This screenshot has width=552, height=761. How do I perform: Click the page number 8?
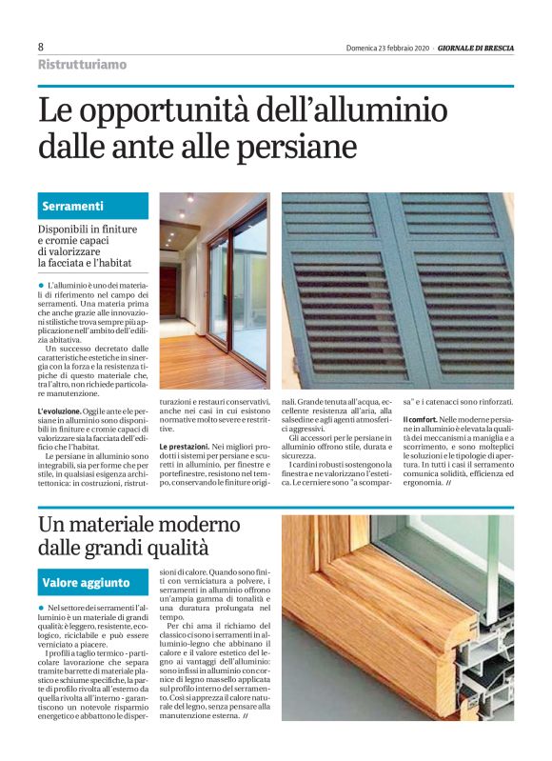point(41,47)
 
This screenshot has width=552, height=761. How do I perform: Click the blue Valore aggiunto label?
point(86,582)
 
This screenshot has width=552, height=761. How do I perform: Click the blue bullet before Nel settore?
point(42,608)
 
